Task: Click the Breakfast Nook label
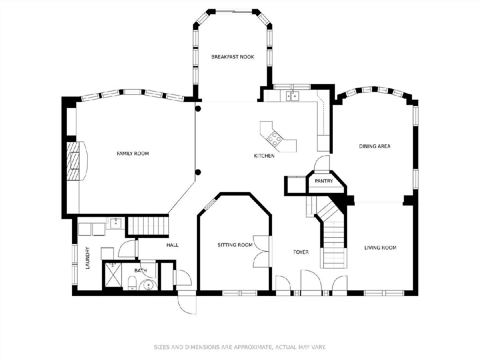(232, 57)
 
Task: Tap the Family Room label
(133, 154)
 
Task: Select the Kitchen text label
(264, 156)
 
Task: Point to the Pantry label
(324, 181)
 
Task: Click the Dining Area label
(375, 146)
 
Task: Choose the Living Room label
(380, 248)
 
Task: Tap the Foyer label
(301, 252)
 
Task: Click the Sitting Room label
(235, 245)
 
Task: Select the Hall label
(172, 245)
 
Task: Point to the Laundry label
(88, 258)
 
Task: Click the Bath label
(141, 271)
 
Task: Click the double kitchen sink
(292, 96)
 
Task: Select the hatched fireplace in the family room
(73, 161)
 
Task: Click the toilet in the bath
(132, 284)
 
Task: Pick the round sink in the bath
(149, 285)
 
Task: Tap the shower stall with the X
(113, 275)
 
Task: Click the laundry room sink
(116, 223)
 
